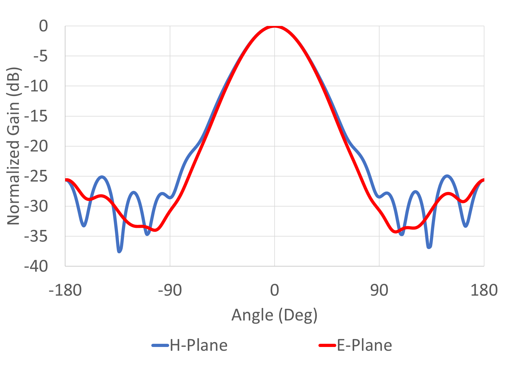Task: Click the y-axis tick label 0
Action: pos(44,26)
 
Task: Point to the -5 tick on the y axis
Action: pos(40,56)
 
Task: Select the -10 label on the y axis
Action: pos(36,86)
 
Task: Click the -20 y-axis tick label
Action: pos(36,147)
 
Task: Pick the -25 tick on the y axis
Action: pos(36,177)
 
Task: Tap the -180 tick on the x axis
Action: pos(65,290)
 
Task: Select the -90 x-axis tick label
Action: pos(170,290)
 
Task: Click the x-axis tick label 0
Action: pos(275,290)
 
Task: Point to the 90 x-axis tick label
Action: pos(379,290)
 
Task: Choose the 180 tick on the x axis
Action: pos(484,290)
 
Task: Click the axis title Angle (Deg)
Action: pos(274,315)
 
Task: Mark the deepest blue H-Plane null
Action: pos(120,251)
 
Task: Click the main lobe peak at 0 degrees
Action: pos(275,27)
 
